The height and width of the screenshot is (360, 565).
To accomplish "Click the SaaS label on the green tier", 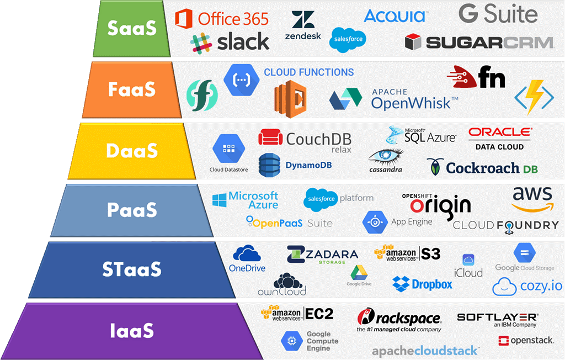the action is pyautogui.click(x=132, y=28).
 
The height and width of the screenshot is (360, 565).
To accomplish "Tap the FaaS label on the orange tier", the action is pyautogui.click(x=132, y=89).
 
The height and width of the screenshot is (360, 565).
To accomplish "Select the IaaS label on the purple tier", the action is pyautogui.click(x=132, y=330).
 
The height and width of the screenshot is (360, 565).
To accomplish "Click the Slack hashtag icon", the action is pyautogui.click(x=201, y=43).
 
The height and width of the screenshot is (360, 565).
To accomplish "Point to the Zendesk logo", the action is pyautogui.click(x=303, y=25).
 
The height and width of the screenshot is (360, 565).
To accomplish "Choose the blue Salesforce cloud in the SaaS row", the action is pyautogui.click(x=348, y=40).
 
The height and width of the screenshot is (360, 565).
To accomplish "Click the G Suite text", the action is pyautogui.click(x=498, y=14).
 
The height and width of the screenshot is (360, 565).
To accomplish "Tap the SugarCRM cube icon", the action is pyautogui.click(x=413, y=41).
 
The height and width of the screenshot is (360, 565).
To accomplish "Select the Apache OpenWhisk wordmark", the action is pyautogui.click(x=414, y=99).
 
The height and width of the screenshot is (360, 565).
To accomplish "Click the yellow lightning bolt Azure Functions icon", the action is pyautogui.click(x=534, y=97).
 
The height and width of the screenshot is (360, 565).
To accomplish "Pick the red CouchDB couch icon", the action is pyautogui.click(x=270, y=137).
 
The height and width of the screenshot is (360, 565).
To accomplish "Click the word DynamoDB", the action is pyautogui.click(x=308, y=165).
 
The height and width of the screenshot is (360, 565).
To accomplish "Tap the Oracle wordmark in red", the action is pyautogui.click(x=500, y=132).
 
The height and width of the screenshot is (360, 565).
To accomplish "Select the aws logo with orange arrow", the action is pyautogui.click(x=532, y=199).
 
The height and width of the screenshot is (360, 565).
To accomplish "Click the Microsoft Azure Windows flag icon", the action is pyautogui.click(x=220, y=200).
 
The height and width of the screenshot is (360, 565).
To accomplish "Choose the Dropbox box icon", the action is pyautogui.click(x=401, y=284).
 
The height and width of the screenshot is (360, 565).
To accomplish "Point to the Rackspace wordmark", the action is pyautogui.click(x=408, y=319).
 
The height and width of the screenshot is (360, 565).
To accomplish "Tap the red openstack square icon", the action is pyautogui.click(x=503, y=341).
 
